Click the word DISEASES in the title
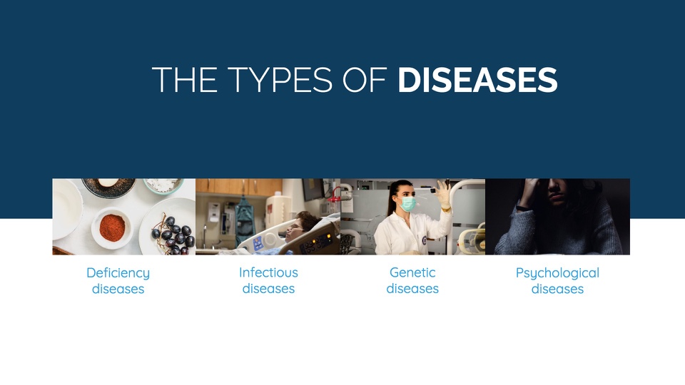(477, 79)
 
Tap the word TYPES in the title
(280, 79)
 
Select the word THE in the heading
(184, 79)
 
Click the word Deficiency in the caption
(118, 273)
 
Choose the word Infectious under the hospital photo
(268, 272)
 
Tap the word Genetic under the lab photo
(412, 272)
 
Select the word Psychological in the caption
(557, 273)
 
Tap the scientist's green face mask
(407, 204)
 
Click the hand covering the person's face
(531, 191)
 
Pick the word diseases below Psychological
(557, 289)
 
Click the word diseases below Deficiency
(118, 289)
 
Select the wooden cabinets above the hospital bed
(238, 187)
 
